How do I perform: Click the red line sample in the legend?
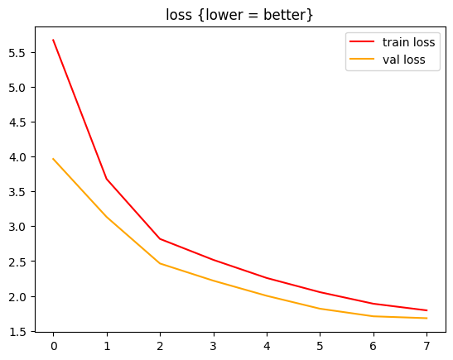pos(363,43)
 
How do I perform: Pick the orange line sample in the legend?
pos(363,60)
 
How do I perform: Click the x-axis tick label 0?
pos(53,346)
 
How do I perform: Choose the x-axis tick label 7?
pos(427,346)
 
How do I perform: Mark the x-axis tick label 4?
pos(267,346)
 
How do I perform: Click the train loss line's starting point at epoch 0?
pos(53,40)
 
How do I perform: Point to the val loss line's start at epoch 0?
pos(53,159)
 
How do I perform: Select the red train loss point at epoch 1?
pos(107,179)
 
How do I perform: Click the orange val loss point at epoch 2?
pos(160,263)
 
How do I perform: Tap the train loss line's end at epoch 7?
pos(427,310)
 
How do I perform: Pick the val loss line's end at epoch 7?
pos(427,318)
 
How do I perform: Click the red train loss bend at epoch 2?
pos(160,239)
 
